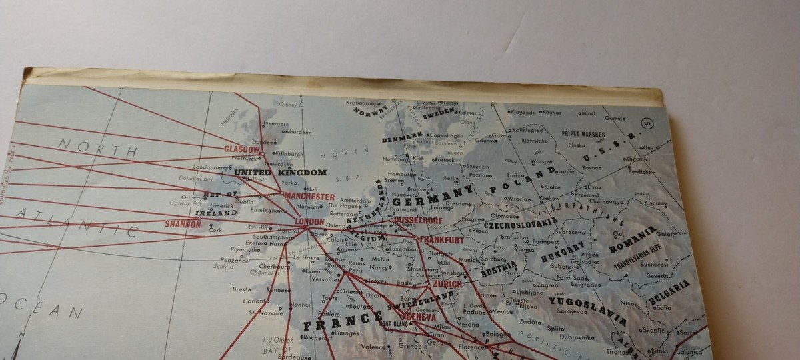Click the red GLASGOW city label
(x=241, y=148)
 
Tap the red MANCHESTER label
(x=309, y=197)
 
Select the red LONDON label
(x=309, y=222)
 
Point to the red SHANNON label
(x=182, y=225)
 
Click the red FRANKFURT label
(x=440, y=240)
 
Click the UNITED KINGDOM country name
(x=280, y=173)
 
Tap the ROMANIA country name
(x=633, y=241)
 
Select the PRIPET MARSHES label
(x=583, y=133)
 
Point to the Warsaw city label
(x=541, y=161)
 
